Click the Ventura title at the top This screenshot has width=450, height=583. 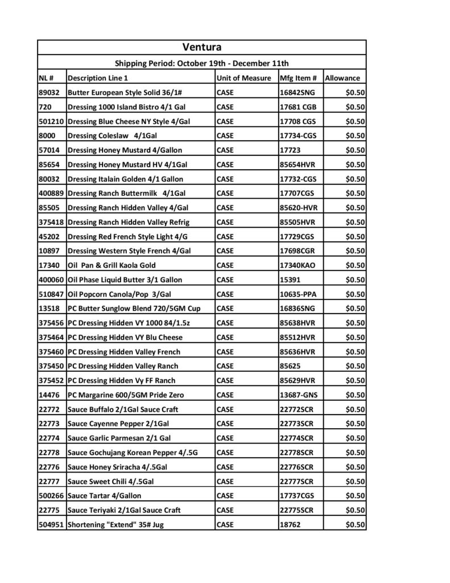(201, 47)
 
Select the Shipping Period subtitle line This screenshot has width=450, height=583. (201, 63)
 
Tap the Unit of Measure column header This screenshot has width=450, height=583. (243, 78)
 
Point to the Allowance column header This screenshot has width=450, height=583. (342, 78)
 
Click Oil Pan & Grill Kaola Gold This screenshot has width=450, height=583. (111, 265)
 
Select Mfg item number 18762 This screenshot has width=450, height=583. (291, 524)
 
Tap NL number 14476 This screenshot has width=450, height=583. (48, 395)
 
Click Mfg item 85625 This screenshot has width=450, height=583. (291, 366)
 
